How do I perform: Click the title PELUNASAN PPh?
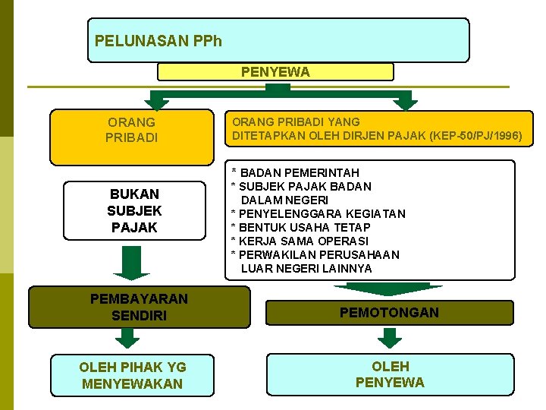tap(158, 40)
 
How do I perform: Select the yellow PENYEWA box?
tap(275, 72)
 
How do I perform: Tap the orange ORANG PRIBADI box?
tap(132, 130)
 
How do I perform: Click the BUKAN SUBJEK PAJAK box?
tap(134, 210)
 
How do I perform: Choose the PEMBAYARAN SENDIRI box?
tap(139, 307)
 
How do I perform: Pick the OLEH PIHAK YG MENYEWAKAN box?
tap(133, 375)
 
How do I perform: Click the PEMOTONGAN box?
tap(389, 312)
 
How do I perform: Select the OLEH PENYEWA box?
tap(390, 374)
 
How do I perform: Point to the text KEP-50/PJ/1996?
tap(475, 136)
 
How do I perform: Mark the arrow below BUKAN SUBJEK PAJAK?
tap(131, 263)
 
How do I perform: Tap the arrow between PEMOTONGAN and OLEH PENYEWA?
tap(390, 338)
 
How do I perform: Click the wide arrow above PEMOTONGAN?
tap(388, 288)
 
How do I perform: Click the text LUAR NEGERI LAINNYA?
tap(306, 268)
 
